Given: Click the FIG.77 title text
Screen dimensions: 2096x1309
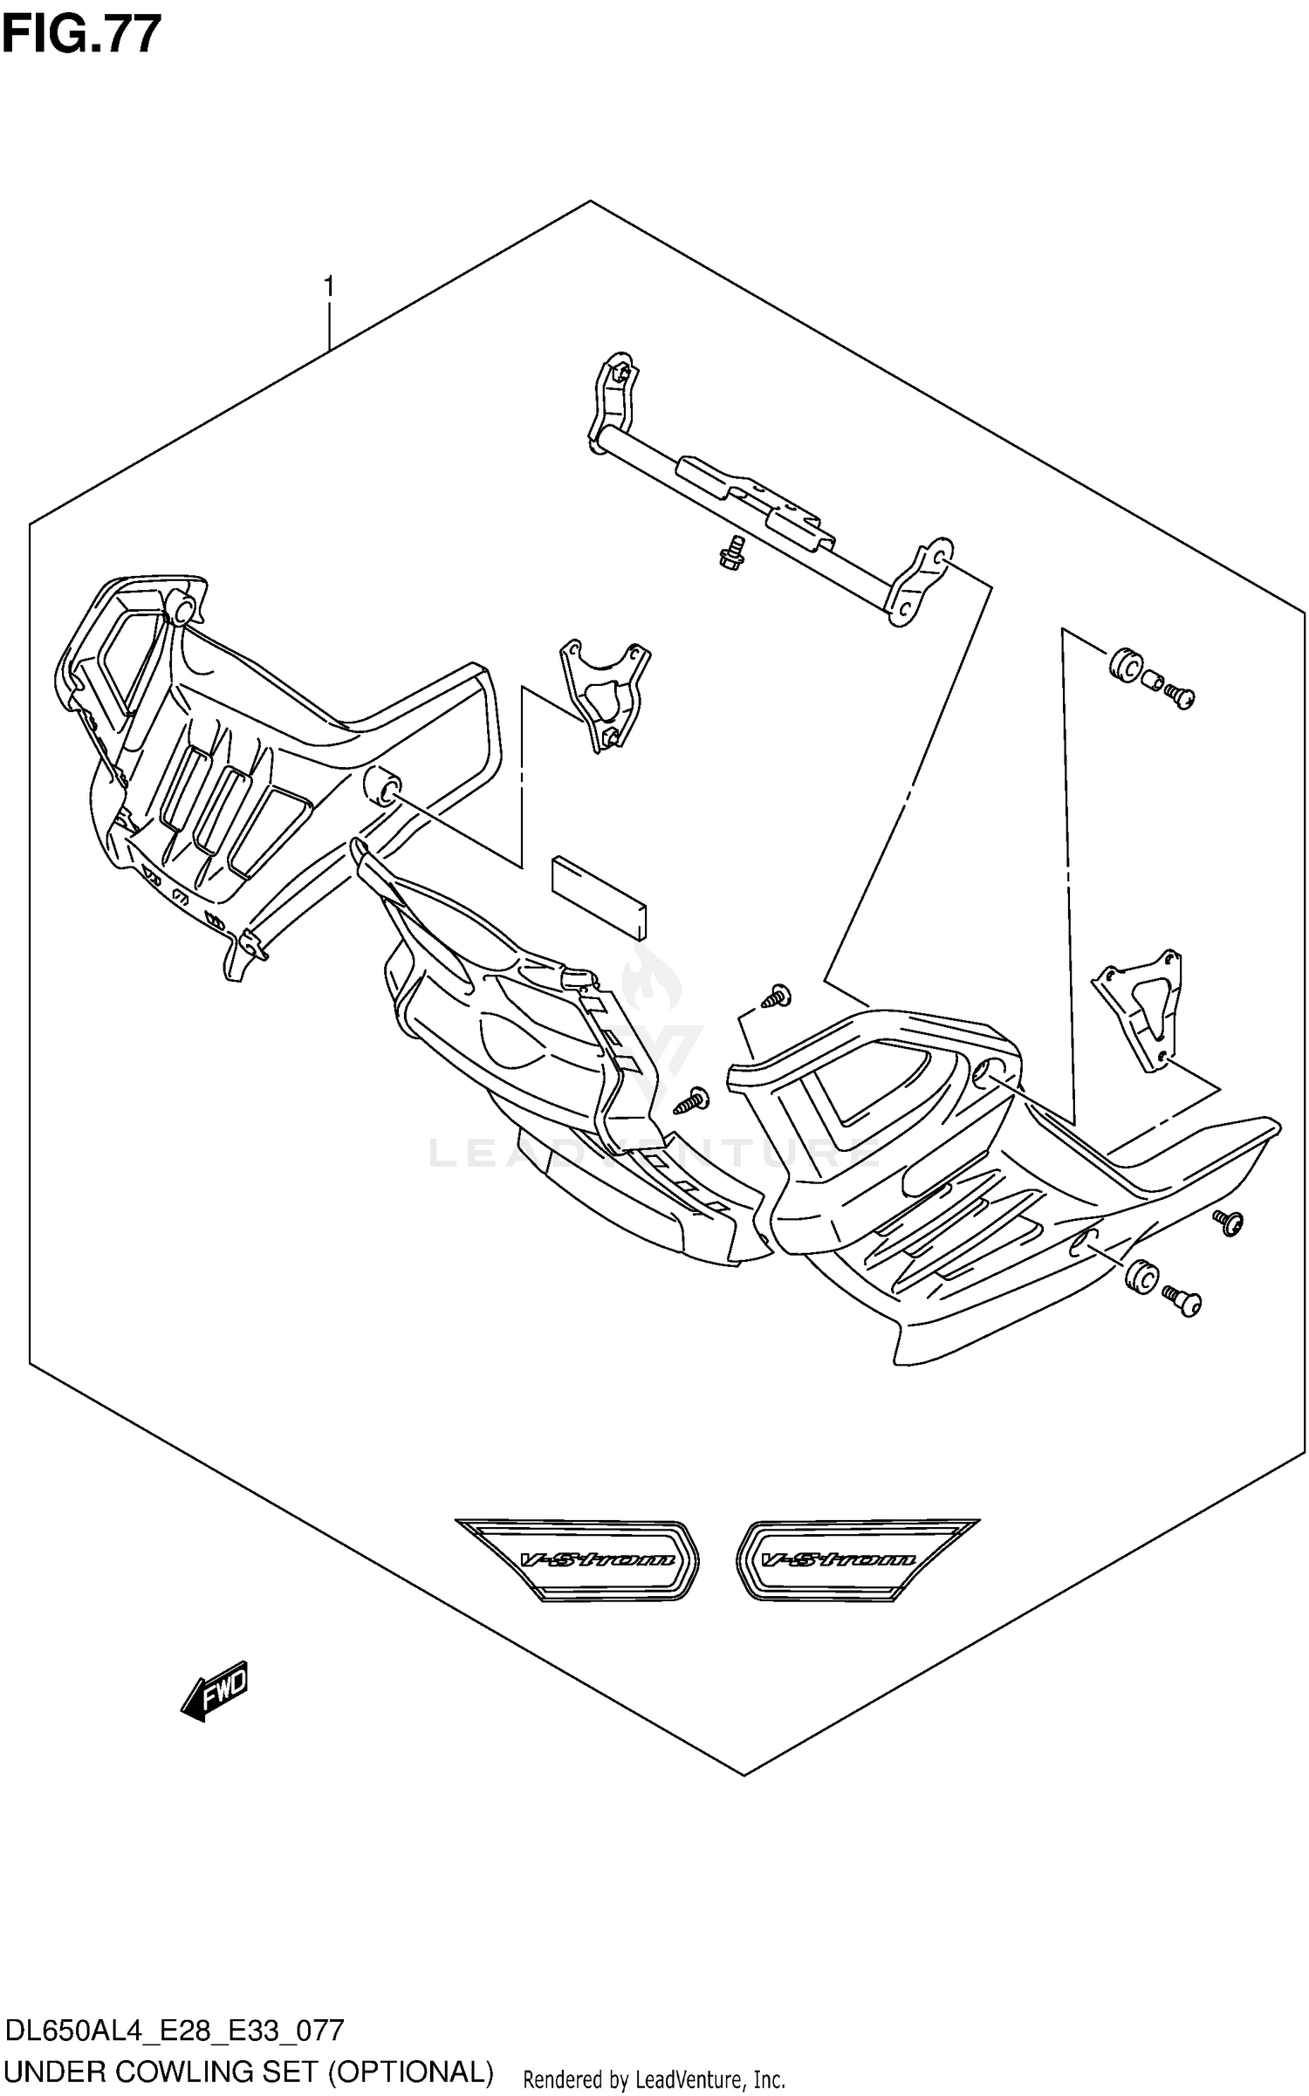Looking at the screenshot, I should point(81,35).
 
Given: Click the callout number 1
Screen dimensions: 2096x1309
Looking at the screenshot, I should point(328,285).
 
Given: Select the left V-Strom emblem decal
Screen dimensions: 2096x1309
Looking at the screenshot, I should point(579,1559).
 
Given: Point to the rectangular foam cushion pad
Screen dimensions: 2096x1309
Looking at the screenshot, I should point(599,896).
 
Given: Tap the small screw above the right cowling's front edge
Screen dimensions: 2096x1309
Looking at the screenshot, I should point(775,996).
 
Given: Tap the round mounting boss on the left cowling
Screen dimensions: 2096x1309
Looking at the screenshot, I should point(382,783).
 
